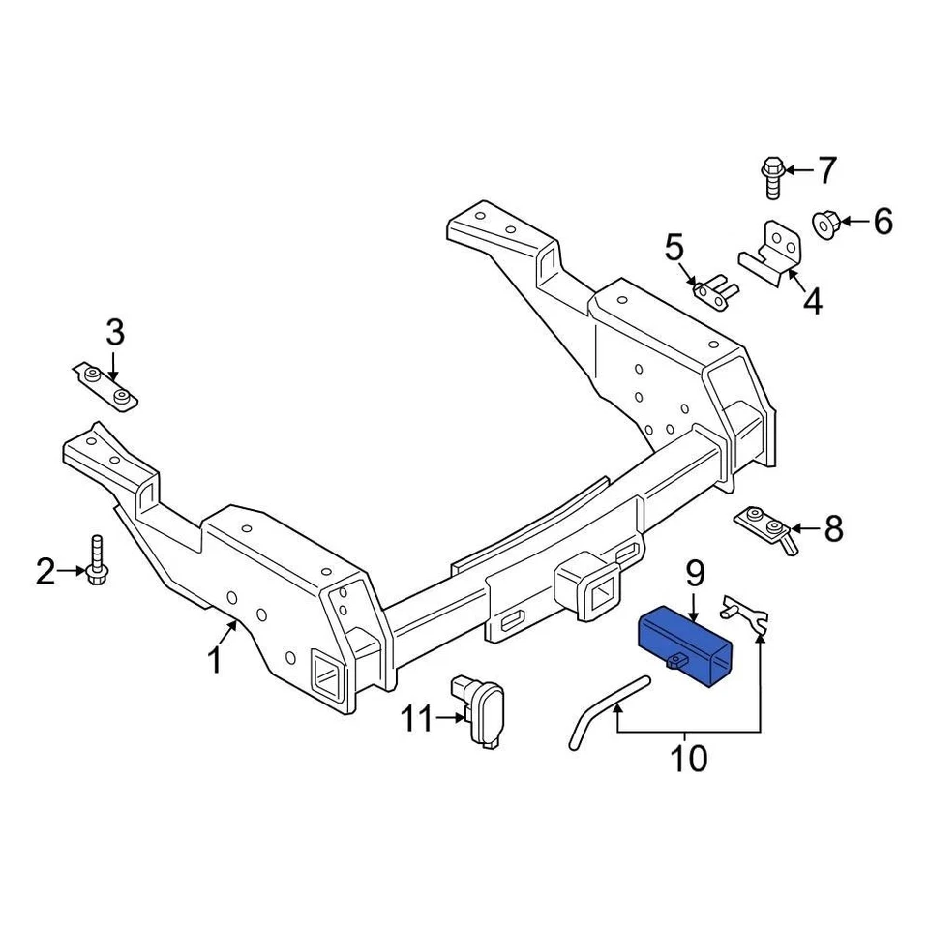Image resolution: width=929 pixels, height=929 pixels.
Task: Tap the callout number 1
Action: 215,662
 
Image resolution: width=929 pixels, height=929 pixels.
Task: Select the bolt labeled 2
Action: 96,561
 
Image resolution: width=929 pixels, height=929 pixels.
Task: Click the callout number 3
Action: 115,334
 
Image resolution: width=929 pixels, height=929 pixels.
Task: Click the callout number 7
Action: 825,171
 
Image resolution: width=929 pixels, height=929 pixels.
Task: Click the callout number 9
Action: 696,576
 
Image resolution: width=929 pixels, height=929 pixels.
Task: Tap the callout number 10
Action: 689,759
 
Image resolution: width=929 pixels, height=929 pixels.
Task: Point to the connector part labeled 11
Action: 484,711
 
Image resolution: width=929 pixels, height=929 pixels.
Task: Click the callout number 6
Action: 883,223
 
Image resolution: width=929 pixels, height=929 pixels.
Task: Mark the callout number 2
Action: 45,573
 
